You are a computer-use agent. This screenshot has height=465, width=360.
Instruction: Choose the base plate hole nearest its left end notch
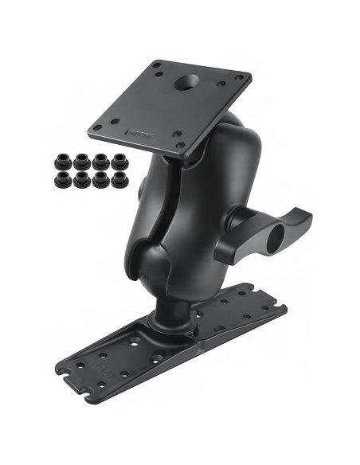click(x=80, y=373)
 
